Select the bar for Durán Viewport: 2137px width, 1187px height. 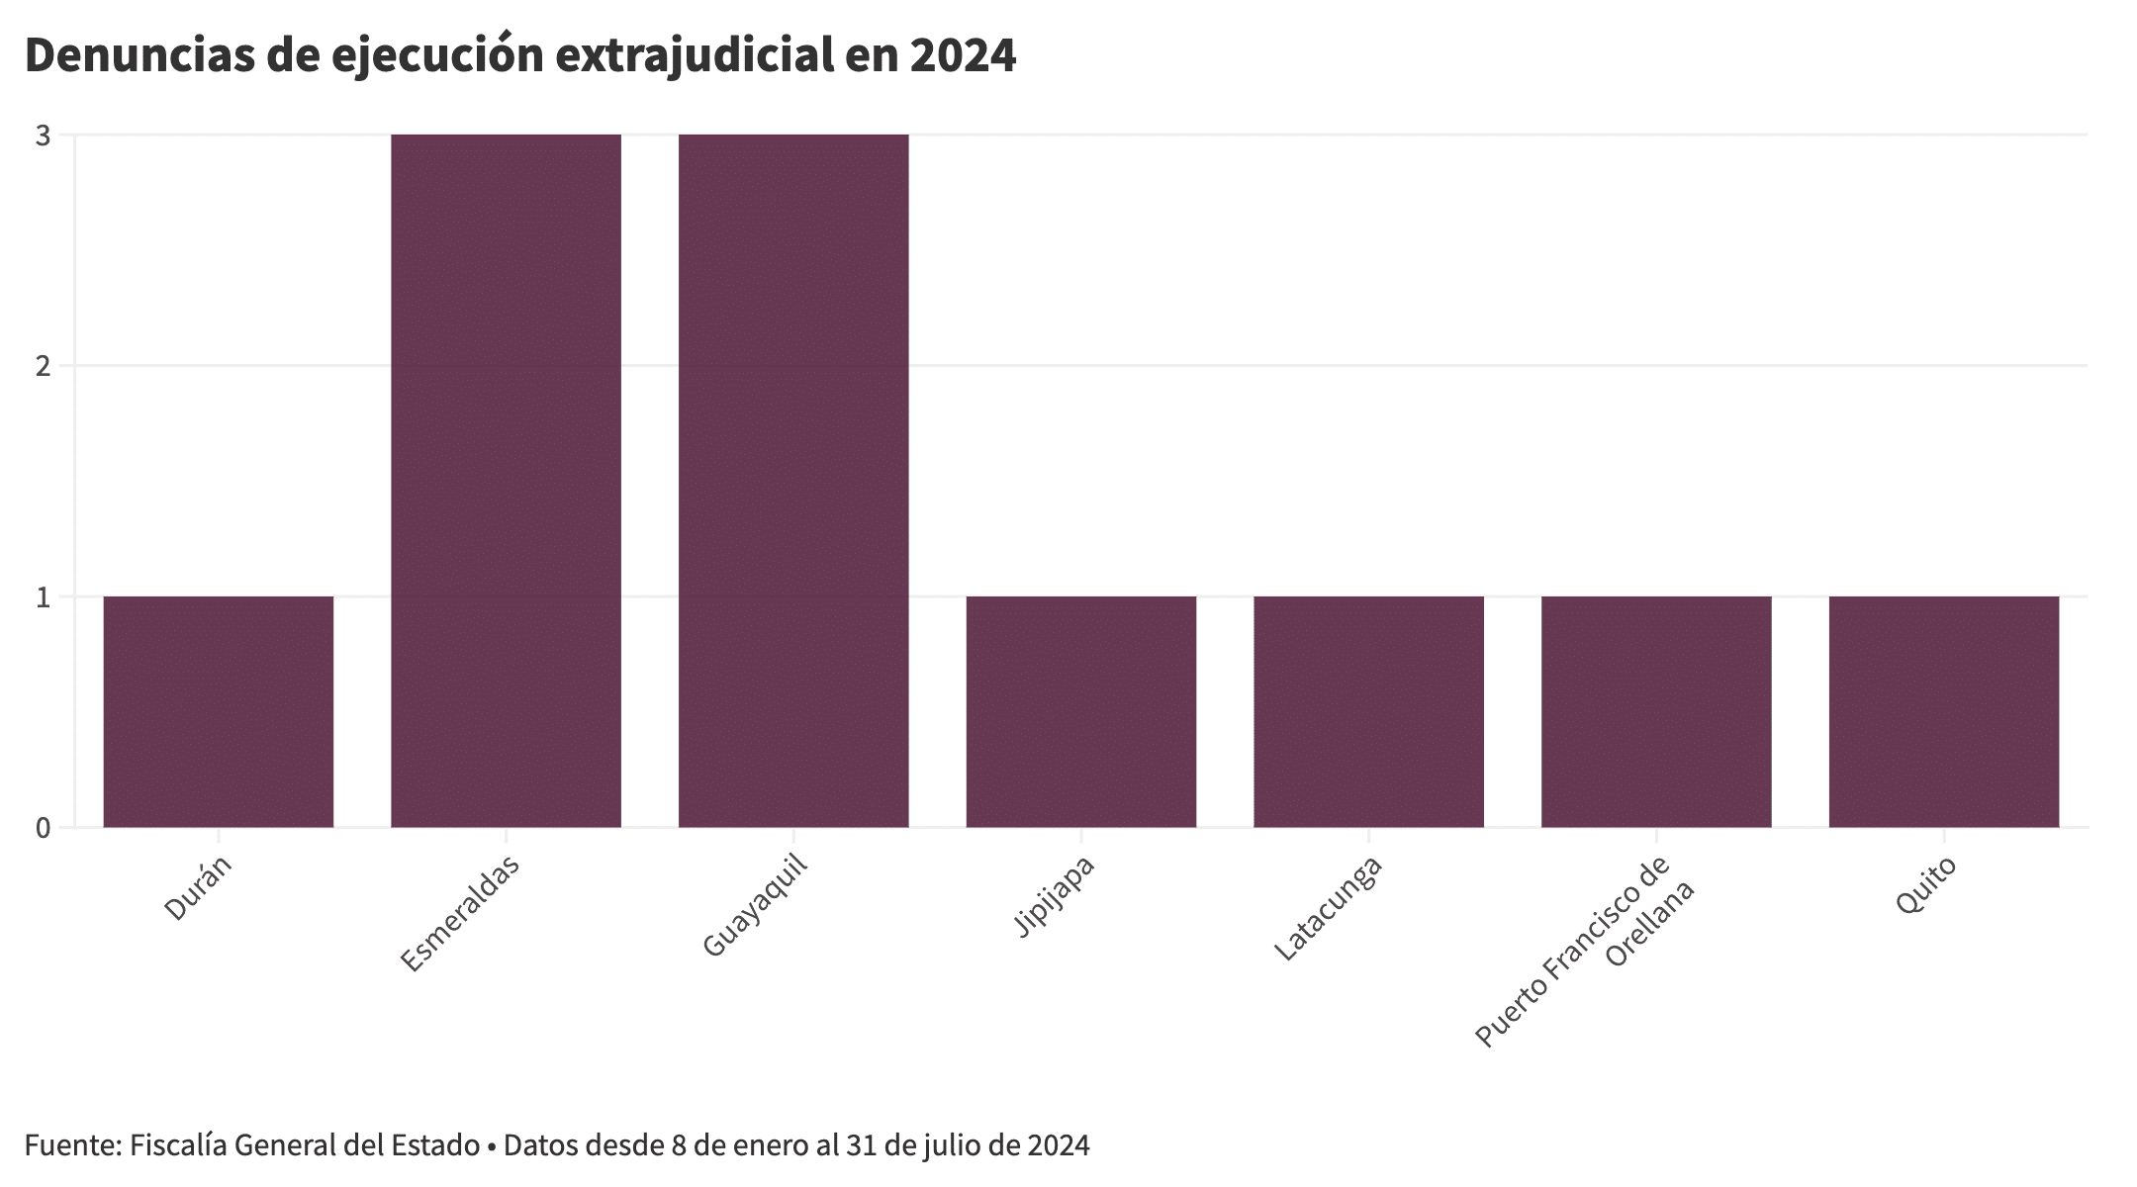click(219, 711)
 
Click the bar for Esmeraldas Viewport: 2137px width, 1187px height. click(506, 481)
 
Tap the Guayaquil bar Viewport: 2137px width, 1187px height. click(793, 481)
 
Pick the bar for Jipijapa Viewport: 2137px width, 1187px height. click(1081, 711)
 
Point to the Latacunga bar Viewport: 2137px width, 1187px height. click(1369, 711)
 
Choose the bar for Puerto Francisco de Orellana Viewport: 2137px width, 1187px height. click(1656, 711)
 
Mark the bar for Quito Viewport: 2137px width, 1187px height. click(1944, 711)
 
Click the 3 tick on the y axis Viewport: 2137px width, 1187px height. click(43, 136)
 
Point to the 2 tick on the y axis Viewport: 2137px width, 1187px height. click(43, 366)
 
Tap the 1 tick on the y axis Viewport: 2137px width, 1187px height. click(43, 596)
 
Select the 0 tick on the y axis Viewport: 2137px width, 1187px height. click(43, 828)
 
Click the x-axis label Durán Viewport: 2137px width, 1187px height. click(198, 888)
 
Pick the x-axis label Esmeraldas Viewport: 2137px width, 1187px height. click(460, 913)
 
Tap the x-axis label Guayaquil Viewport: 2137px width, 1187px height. click(755, 905)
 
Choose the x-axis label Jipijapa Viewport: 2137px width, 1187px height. click(1055, 895)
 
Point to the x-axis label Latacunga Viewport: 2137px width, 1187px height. click(1328, 907)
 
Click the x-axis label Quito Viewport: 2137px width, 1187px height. click(1925, 885)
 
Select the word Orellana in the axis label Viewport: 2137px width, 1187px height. click(1650, 924)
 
